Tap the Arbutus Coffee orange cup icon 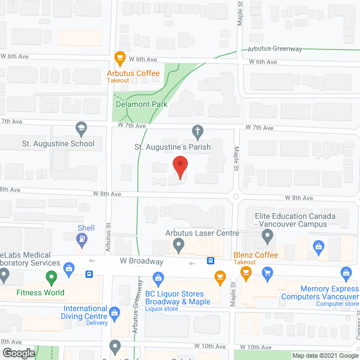(119, 57)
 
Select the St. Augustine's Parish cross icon (197, 133)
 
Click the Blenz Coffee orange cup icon (246, 273)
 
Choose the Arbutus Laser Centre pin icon (179, 245)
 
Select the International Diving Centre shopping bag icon (115, 313)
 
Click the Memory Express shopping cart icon (267, 273)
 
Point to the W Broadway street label (141, 262)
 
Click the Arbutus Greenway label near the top (275, 49)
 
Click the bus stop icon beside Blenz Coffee (210, 260)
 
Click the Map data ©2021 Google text (325, 355)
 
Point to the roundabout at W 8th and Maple (236, 197)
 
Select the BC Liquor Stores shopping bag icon (158, 277)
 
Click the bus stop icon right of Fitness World (89, 274)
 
